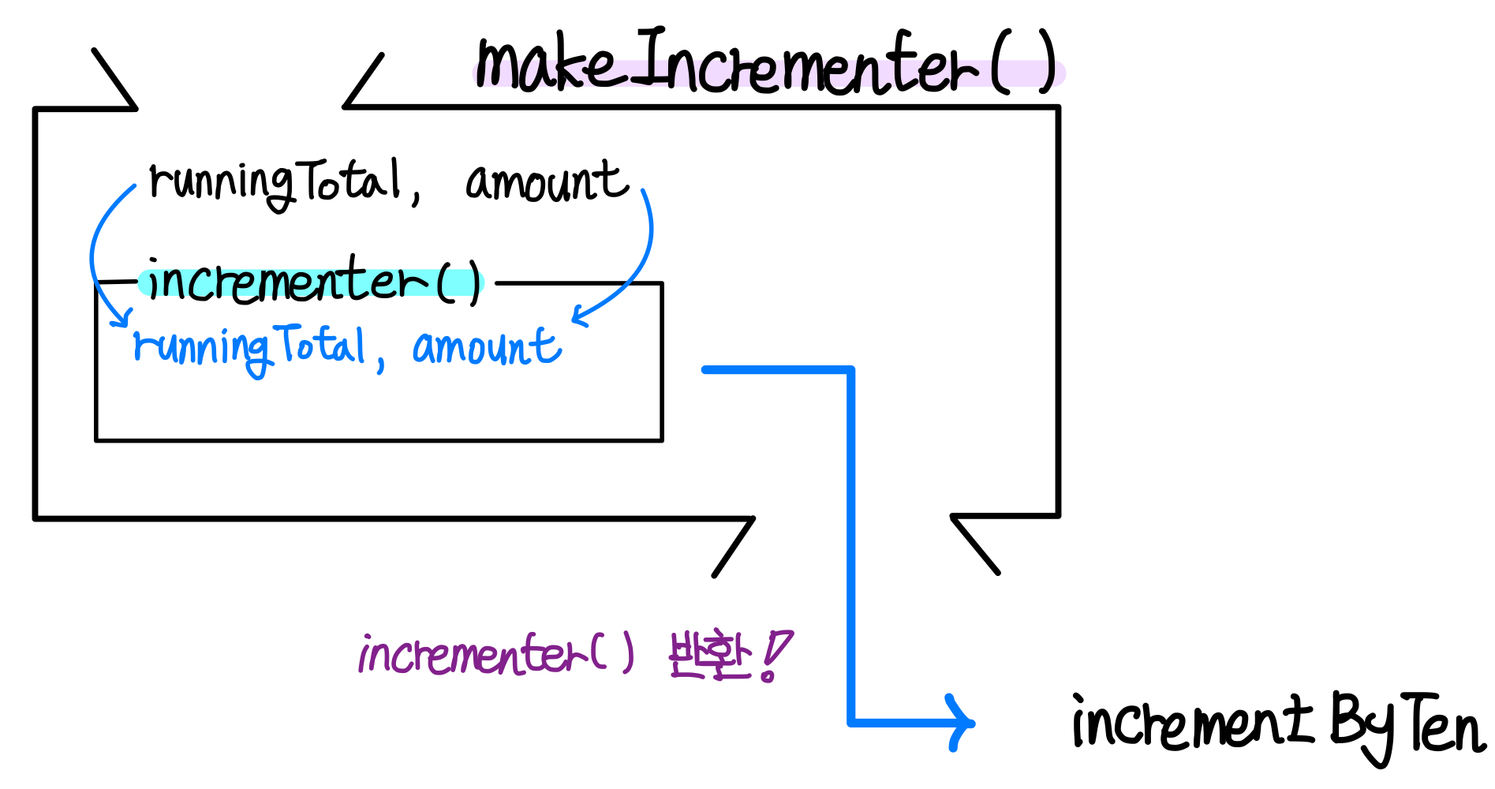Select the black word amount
click(547, 181)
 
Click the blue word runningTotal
click(249, 347)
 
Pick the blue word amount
click(486, 347)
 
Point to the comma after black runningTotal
click(416, 195)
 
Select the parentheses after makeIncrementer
click(1023, 63)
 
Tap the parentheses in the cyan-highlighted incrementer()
click(459, 282)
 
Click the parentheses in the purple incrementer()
click(612, 653)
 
